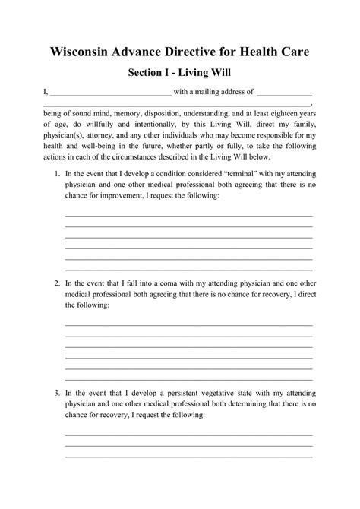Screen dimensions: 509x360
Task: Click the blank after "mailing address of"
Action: [x=285, y=95]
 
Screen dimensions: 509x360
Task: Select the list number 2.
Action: [x=55, y=283]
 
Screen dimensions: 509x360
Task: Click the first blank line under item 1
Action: [x=189, y=217]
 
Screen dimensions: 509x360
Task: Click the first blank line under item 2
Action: [x=189, y=325]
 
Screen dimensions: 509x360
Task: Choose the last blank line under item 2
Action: [x=189, y=378]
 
